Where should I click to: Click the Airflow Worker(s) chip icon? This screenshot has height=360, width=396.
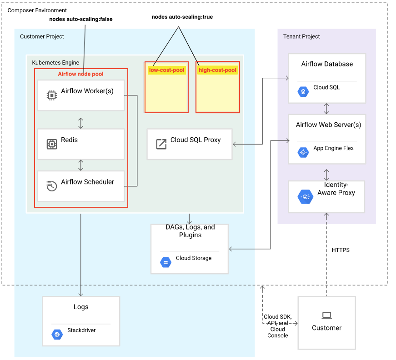pyautogui.click(x=51, y=95)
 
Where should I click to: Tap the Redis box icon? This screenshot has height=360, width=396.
pyautogui.click(x=51, y=144)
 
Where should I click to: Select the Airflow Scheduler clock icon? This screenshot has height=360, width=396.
pyautogui.click(x=51, y=185)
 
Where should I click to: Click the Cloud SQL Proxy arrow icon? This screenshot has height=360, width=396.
pyautogui.click(x=161, y=144)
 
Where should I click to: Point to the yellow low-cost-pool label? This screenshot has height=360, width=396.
pyautogui.click(x=166, y=70)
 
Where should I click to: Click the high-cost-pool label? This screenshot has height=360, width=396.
pyautogui.click(x=217, y=70)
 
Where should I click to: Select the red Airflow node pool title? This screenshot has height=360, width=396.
pyautogui.click(x=80, y=74)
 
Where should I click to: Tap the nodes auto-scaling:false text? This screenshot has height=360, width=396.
pyautogui.click(x=80, y=19)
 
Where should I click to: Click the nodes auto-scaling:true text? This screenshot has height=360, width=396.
pyautogui.click(x=182, y=17)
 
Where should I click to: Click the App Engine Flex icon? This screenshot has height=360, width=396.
pyautogui.click(x=303, y=152)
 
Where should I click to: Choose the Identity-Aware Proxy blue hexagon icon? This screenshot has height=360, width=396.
pyautogui.click(x=305, y=197)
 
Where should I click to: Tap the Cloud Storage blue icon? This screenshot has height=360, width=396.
pyautogui.click(x=165, y=262)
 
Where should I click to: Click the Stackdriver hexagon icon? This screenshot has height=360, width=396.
pyautogui.click(x=57, y=334)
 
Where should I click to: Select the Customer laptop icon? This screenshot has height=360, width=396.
pyautogui.click(x=326, y=315)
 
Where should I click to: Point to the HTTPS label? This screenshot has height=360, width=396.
pyautogui.click(x=341, y=250)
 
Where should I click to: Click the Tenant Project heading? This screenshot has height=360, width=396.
pyautogui.click(x=301, y=36)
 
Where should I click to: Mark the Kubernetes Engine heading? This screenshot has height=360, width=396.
pyautogui.click(x=55, y=62)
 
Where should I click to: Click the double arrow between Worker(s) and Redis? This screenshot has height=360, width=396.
pyautogui.click(x=80, y=123)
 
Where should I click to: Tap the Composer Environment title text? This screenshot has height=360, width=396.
pyautogui.click(x=37, y=10)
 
